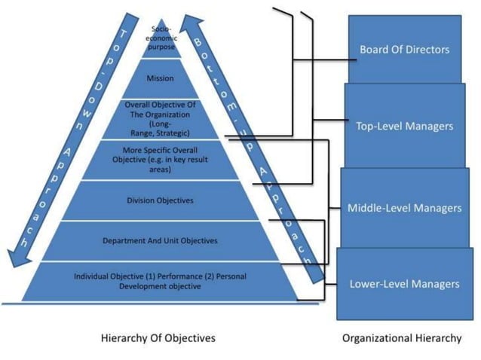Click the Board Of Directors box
[405, 49]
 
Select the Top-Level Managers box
[405, 126]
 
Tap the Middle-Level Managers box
[405, 208]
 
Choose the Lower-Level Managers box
[405, 284]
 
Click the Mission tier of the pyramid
[160, 78]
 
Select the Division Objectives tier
[160, 200]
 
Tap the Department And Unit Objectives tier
[160, 241]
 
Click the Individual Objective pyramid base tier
[160, 281]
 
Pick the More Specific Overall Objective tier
[160, 160]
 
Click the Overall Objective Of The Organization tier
[160, 119]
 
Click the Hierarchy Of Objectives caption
[158, 338]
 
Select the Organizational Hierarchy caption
[402, 338]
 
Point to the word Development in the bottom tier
[140, 286]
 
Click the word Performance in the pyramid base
[179, 276]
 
